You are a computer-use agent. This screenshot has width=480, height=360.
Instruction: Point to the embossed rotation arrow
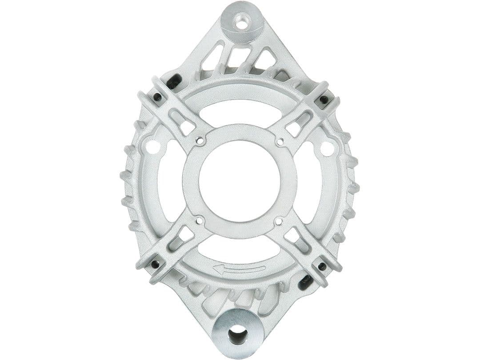pos(239,268)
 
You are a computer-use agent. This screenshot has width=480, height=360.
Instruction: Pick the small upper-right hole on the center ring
pos(280,142)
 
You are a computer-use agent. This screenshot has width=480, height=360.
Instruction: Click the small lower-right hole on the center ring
pos(279,220)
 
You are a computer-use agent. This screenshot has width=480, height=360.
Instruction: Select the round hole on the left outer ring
pos(152,147)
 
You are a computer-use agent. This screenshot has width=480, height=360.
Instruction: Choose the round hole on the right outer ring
pos(327,148)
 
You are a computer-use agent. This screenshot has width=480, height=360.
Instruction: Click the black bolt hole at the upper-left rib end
pos(157,97)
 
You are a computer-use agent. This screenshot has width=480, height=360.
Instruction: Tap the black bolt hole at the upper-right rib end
pos(324,99)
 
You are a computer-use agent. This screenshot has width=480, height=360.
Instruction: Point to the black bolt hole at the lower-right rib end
pos(321,266)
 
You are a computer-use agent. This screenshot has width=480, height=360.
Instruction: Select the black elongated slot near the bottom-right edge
pos(305,281)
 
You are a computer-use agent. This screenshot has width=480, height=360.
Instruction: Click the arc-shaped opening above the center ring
pos(240,111)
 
